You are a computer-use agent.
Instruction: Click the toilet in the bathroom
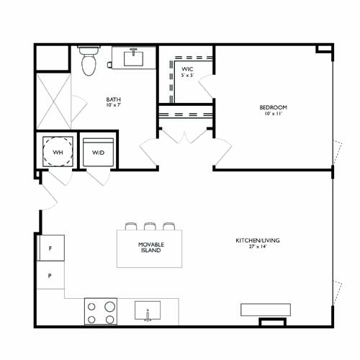pos(89,62)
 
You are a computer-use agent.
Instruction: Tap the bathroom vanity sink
pos(135,56)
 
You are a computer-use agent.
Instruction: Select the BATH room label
pos(114,100)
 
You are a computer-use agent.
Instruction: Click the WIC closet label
pos(186,69)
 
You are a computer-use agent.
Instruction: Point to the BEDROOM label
pos(274,108)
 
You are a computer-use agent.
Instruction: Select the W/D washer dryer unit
pos(97,152)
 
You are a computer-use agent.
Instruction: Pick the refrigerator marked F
pos(50,248)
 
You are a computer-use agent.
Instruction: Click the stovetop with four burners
pos(101,312)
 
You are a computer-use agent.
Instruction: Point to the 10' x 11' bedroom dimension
pos(274,114)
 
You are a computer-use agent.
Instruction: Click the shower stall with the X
pos(53,100)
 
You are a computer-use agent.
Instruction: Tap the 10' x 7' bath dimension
pos(114,107)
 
